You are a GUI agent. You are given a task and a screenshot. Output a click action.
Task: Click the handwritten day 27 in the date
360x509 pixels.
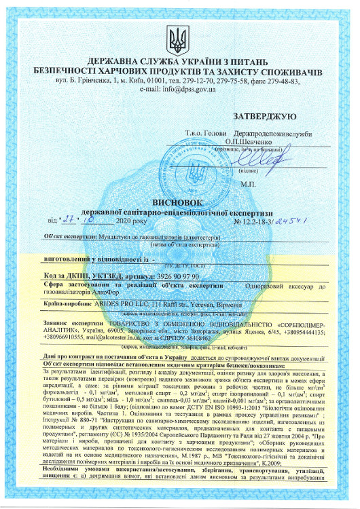tap(67, 220)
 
